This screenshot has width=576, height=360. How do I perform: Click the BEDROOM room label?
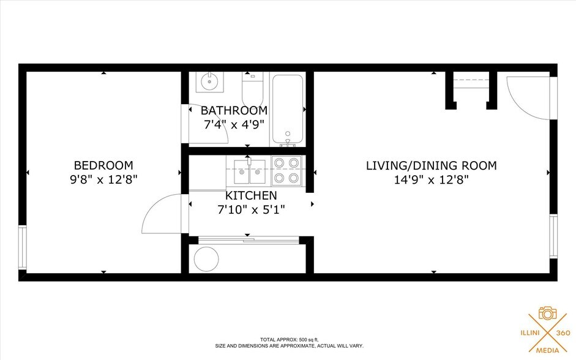[103, 165]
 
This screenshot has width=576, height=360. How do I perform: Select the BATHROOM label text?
[234, 111]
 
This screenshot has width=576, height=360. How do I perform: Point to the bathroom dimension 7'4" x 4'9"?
[234, 124]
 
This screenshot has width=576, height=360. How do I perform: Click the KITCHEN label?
[251, 196]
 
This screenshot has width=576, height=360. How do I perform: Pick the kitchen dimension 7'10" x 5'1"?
[251, 209]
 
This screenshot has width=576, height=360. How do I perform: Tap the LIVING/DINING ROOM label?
[431, 165]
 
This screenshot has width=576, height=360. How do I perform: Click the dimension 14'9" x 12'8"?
[431, 180]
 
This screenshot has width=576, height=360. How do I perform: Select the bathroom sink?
[209, 81]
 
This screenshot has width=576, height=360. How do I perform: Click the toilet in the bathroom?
[252, 89]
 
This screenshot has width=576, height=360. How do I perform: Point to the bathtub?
[287, 109]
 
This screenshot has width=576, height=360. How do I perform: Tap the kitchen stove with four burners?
[287, 170]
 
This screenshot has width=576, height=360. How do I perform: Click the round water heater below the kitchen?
[206, 259]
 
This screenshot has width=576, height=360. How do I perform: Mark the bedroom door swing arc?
[160, 214]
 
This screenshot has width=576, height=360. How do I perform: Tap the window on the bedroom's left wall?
[22, 247]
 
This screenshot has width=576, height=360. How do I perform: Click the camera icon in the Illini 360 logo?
[547, 313]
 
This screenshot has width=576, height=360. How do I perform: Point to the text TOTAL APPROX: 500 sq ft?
[289, 339]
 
